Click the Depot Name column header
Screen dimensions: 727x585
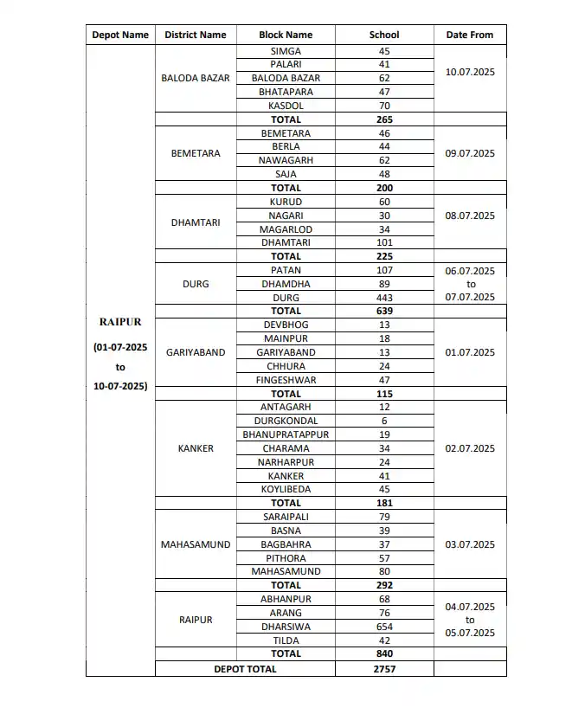click(x=120, y=35)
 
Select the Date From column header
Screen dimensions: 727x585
click(x=469, y=35)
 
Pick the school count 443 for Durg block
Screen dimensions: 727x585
click(x=384, y=298)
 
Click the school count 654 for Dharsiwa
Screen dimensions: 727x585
click(x=384, y=627)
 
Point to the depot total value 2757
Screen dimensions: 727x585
click(x=384, y=669)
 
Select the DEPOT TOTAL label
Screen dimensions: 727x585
click(x=246, y=669)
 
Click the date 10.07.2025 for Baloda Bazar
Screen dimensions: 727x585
click(x=469, y=72)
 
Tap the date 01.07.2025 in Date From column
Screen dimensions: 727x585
click(x=469, y=352)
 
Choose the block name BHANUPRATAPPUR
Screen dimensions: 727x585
click(x=286, y=434)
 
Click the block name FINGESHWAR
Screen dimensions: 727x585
click(x=286, y=380)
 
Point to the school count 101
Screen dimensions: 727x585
click(x=384, y=242)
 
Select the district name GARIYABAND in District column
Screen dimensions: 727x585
click(x=196, y=352)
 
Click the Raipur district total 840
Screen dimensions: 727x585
click(x=384, y=653)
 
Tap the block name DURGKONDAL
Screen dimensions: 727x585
click(x=286, y=421)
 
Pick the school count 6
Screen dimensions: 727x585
click(x=384, y=421)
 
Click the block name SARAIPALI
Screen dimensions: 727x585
click(x=286, y=517)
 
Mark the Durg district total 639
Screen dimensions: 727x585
click(x=384, y=311)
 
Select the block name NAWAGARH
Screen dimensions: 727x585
click(x=286, y=160)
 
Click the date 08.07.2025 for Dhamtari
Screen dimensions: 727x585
click(x=469, y=216)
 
